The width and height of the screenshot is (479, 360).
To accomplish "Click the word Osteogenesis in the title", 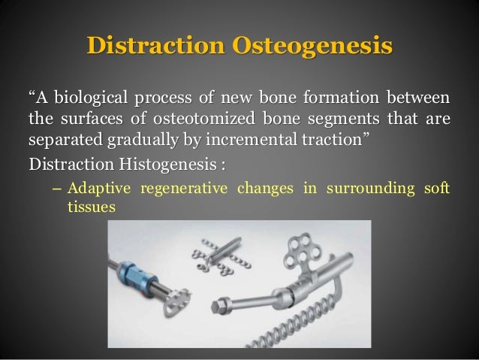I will [315, 44].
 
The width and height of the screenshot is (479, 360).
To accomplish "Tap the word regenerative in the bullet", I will [188, 187].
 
